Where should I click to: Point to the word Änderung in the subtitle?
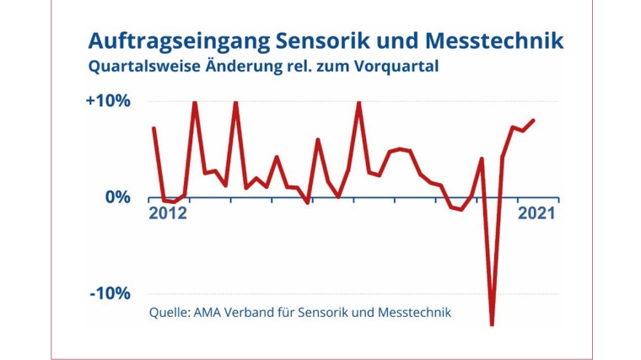click(x=240, y=67)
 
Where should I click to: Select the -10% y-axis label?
click(x=111, y=293)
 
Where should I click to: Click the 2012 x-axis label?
click(x=168, y=214)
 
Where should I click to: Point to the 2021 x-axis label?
click(x=536, y=214)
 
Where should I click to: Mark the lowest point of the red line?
click(x=492, y=325)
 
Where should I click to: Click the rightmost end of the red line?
click(x=534, y=121)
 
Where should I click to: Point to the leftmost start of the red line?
click(x=154, y=128)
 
